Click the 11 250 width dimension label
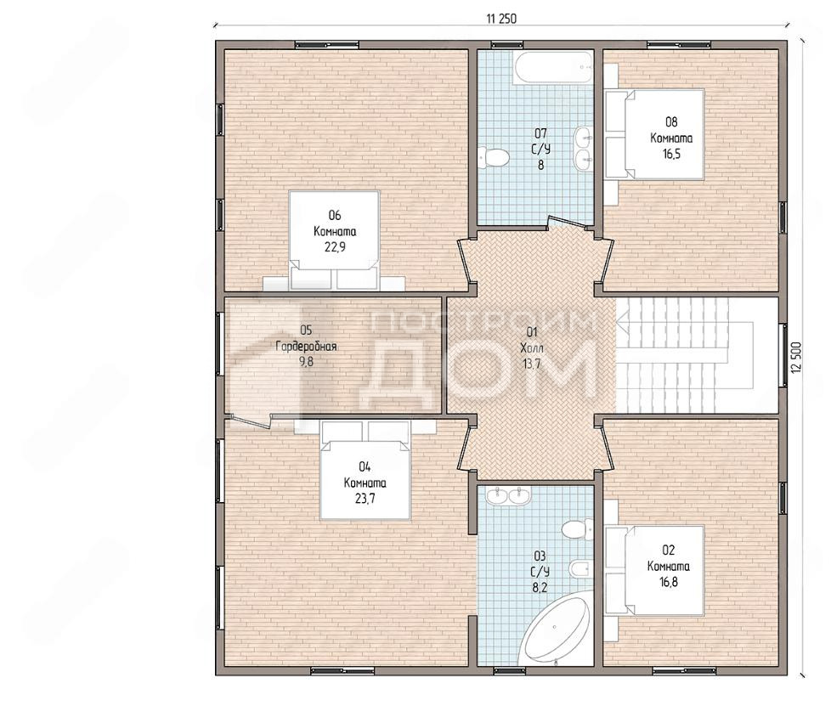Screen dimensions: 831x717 pyautogui.click(x=500, y=19)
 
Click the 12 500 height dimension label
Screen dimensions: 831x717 pyautogui.click(x=797, y=357)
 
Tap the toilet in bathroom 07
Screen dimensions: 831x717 pyautogui.click(x=494, y=157)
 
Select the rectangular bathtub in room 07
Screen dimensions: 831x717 pyautogui.click(x=552, y=67)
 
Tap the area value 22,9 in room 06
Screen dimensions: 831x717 pyautogui.click(x=335, y=247)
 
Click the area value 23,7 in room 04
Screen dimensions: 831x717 pyautogui.click(x=365, y=499)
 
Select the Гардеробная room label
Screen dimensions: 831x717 pyautogui.click(x=307, y=347)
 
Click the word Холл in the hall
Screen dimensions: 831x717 pyautogui.click(x=532, y=348)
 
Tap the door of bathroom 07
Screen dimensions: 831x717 pyautogui.click(x=570, y=223)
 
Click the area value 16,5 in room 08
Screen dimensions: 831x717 pyautogui.click(x=671, y=155)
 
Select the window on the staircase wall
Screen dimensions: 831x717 pyautogui.click(x=783, y=354)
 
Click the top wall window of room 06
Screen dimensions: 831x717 pyautogui.click(x=326, y=44)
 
